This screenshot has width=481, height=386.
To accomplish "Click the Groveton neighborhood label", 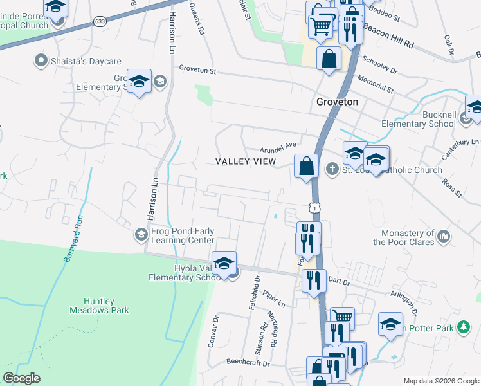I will click(x=337, y=102).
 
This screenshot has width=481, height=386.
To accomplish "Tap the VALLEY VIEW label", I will click(x=245, y=161).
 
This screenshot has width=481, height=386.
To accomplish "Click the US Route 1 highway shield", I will click(x=313, y=207).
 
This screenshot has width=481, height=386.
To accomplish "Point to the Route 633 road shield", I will click(x=99, y=21).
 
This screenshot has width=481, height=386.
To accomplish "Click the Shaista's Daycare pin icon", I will click(x=41, y=61).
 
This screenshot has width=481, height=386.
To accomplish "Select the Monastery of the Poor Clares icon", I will click(x=444, y=237).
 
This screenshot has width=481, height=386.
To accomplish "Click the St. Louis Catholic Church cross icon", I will click(x=332, y=170).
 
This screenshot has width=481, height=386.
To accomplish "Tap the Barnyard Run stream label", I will click(x=71, y=237).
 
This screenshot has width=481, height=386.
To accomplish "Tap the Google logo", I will click(x=21, y=378).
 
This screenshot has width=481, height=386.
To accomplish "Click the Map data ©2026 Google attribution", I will click(x=441, y=381).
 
